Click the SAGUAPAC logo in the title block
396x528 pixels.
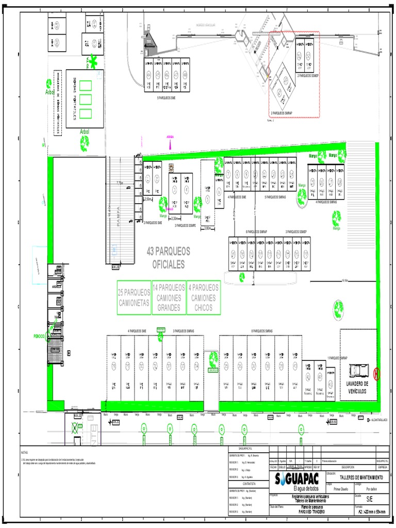tap(298, 478)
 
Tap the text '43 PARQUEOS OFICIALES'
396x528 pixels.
tap(168, 257)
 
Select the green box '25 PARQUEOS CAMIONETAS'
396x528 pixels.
tap(134, 298)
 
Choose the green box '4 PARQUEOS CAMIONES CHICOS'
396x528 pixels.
tap(204, 298)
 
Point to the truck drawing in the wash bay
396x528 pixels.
tap(358, 370)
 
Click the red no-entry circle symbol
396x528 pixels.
tap(376, 374)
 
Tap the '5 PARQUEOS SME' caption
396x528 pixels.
tap(166, 97)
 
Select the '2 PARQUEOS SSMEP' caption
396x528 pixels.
tap(308, 75)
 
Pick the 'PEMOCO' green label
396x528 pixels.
tap(40, 336)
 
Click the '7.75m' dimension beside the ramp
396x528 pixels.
tap(120, 183)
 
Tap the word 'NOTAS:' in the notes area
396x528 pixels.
tap(26, 451)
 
